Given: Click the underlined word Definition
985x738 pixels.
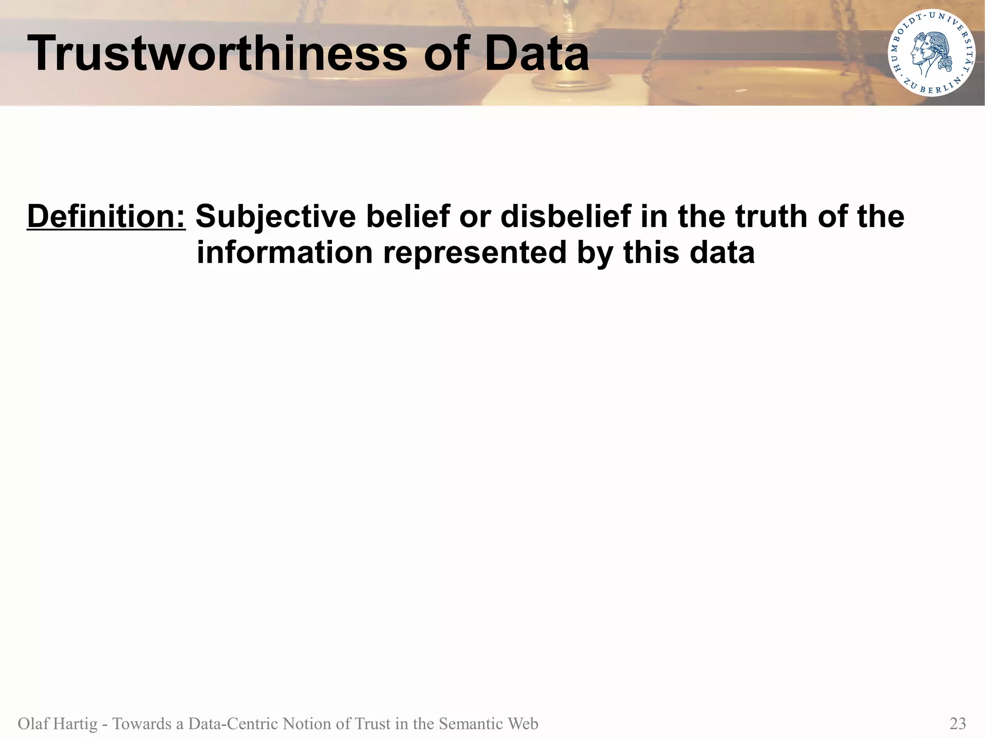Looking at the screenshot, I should coord(106,216).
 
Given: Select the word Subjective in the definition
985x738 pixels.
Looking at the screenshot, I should coord(275,216).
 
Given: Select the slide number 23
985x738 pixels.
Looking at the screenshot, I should coord(958,723).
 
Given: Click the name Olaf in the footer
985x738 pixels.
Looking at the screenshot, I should coord(33,723).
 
